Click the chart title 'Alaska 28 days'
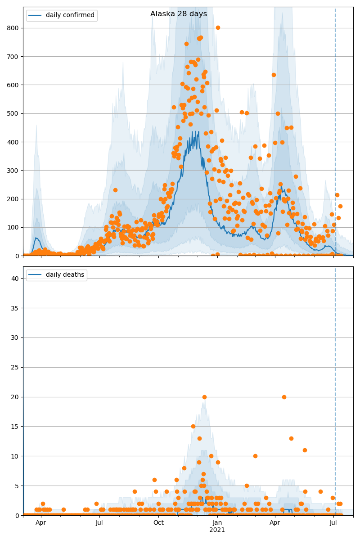179,14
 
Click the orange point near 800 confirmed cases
218,27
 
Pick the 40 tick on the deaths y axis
15,279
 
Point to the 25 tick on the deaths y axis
15,367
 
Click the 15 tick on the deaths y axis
15,427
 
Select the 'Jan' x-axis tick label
217,523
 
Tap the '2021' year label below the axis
217,530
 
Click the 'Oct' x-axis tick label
158,523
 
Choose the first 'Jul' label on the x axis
99,523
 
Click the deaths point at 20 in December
204,397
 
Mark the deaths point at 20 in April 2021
284,397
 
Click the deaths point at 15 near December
193,426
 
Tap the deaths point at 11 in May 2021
305,450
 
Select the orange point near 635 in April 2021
274,75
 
